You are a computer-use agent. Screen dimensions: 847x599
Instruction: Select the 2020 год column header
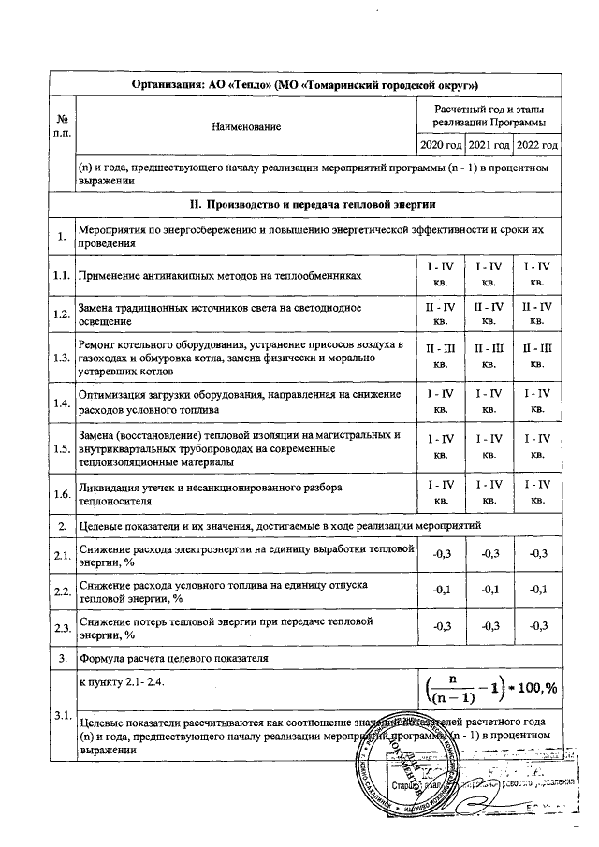440,146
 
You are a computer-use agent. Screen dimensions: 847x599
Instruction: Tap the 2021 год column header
489,146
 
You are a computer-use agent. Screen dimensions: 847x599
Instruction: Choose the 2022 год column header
537,146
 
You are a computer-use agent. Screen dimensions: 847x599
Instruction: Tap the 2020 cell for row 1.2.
440,314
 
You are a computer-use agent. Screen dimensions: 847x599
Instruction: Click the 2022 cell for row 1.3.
537,357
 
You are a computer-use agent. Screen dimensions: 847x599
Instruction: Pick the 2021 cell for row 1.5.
489,445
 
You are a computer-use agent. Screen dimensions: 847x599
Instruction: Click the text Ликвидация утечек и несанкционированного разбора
211,488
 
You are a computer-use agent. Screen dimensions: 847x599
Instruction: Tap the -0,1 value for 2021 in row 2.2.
489,590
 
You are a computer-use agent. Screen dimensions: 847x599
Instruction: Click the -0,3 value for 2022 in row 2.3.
537,625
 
